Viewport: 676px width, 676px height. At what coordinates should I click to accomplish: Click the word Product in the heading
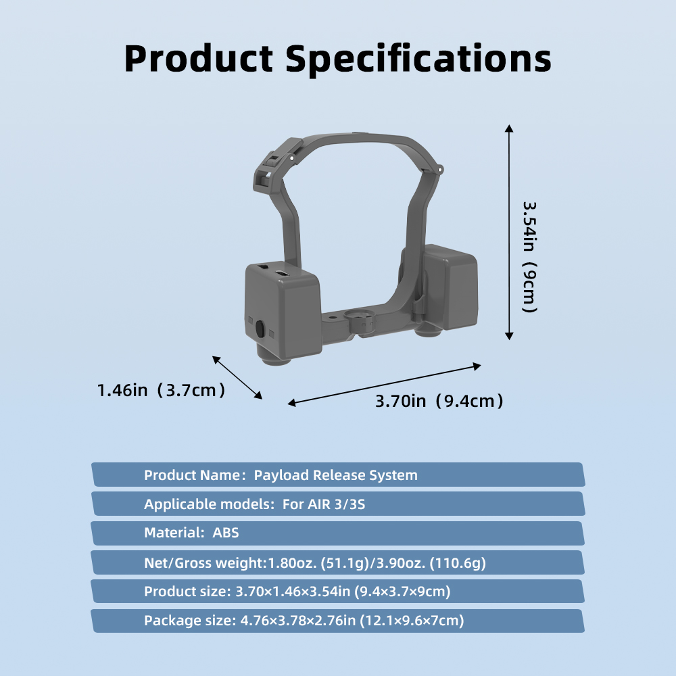coord(199,58)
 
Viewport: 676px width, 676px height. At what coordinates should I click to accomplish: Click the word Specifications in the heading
coord(418,59)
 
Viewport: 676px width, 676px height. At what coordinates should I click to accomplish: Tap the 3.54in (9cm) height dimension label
coord(529,257)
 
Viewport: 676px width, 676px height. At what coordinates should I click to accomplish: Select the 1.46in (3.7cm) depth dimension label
coord(162,390)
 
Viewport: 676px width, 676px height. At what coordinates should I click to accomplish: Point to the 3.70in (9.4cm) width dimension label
coord(439,401)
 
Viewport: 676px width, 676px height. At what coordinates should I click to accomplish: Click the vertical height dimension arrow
coord(509,233)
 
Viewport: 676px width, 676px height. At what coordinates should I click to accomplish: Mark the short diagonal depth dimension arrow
coord(237,377)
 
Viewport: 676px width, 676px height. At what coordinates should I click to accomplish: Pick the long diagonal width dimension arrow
coord(384,385)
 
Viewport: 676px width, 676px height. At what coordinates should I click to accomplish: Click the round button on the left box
coord(260,329)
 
